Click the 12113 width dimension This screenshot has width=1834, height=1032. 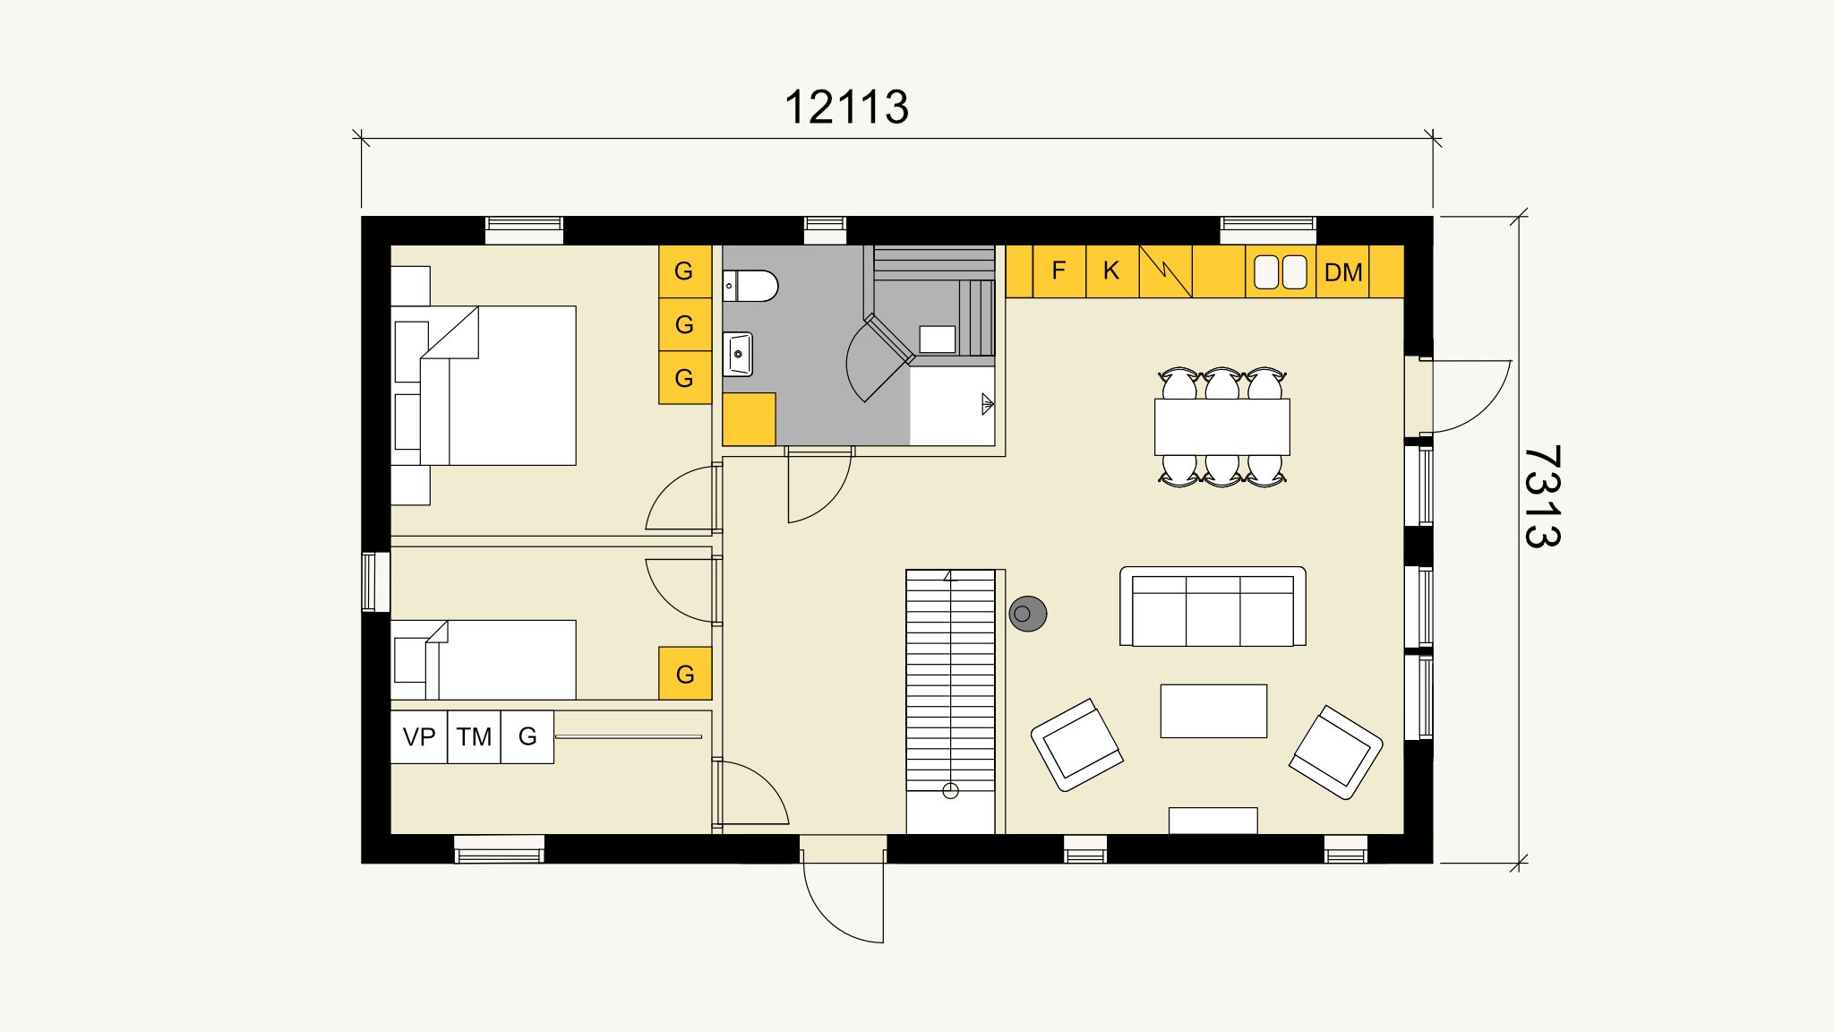pyautogui.click(x=846, y=107)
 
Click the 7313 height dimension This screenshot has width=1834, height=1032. pyautogui.click(x=1542, y=496)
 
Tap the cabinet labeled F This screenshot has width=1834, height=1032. pyautogui.click(x=1058, y=271)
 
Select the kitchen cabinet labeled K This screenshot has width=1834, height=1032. pyautogui.click(x=1111, y=271)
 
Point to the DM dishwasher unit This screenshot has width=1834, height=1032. pyautogui.click(x=1342, y=271)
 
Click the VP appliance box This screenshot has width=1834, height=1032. pyautogui.click(x=419, y=737)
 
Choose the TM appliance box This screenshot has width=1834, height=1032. pyautogui.click(x=474, y=737)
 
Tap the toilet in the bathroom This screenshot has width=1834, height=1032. pyautogui.click(x=750, y=286)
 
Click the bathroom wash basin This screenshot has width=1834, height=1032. pyautogui.click(x=738, y=354)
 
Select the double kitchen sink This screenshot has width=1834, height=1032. pyautogui.click(x=1281, y=271)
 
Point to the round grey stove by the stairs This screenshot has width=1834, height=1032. pyautogui.click(x=1027, y=614)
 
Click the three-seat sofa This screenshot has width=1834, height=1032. pyautogui.click(x=1213, y=606)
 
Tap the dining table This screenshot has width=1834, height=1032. pyautogui.click(x=1222, y=426)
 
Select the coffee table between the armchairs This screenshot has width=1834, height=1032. pyautogui.click(x=1213, y=711)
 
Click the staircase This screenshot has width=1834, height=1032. pyautogui.click(x=950, y=701)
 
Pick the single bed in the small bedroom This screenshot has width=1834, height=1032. pyautogui.click(x=484, y=659)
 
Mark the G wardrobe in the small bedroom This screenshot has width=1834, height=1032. pyautogui.click(x=685, y=674)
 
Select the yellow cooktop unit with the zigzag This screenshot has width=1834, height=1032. pyautogui.click(x=1165, y=271)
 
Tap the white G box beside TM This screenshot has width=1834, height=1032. pyautogui.click(x=527, y=737)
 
